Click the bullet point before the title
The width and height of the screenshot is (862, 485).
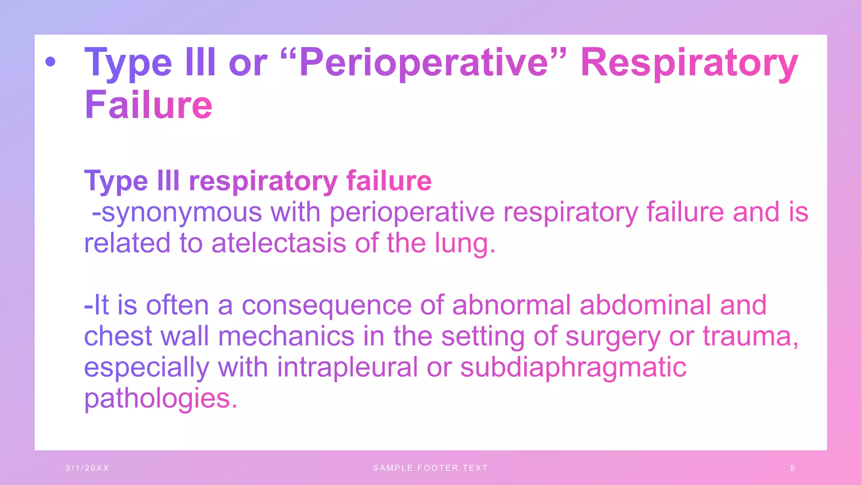[51, 62]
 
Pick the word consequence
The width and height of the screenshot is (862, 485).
[327, 305]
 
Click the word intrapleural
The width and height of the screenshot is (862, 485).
[347, 367]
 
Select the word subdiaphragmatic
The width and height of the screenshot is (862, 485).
[573, 367]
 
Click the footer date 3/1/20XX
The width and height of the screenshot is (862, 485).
[88, 468]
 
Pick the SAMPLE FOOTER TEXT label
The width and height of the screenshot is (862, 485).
[431, 468]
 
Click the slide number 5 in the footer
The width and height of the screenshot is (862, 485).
[793, 468]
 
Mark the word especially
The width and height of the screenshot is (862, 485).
[146, 367]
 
